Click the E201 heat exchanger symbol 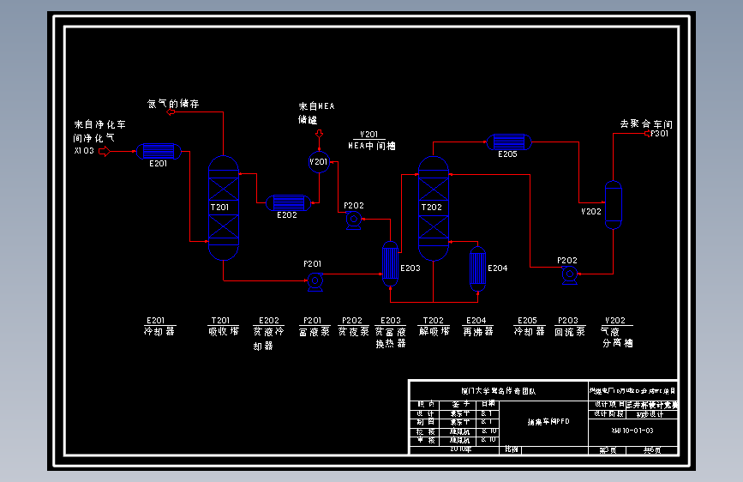(x=159, y=152)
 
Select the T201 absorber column (x=224, y=208)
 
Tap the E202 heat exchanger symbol (x=286, y=202)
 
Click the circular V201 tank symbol (x=319, y=161)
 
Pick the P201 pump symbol (x=315, y=280)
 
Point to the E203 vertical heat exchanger (x=391, y=262)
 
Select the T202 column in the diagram (x=433, y=208)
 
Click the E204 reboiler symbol (x=477, y=268)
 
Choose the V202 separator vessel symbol (x=614, y=205)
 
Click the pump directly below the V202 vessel (x=568, y=274)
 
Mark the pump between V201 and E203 (x=352, y=220)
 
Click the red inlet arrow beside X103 (x=105, y=152)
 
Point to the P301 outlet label (x=658, y=134)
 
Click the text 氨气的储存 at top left (x=173, y=104)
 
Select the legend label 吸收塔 (x=221, y=331)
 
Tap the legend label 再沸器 (x=477, y=331)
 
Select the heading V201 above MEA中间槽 (x=369, y=134)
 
